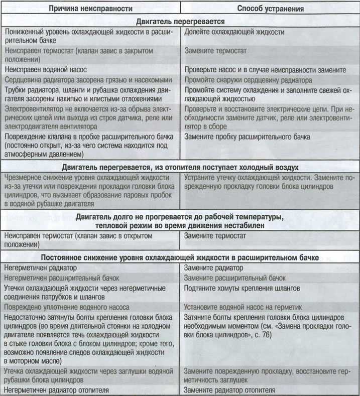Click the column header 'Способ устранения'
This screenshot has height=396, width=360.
click(270, 8)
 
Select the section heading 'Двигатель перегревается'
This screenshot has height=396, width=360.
click(179, 22)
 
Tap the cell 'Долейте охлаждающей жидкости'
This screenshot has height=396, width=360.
click(234, 32)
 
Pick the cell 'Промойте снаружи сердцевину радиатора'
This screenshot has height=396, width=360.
click(249, 80)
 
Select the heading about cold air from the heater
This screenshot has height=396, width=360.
click(179, 167)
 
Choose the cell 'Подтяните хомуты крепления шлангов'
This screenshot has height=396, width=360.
click(243, 288)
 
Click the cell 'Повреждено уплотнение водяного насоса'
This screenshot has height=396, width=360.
click(66, 307)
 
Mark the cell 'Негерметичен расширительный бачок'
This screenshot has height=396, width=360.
click(62, 278)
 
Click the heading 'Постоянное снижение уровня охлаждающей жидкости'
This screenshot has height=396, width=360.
click(179, 257)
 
